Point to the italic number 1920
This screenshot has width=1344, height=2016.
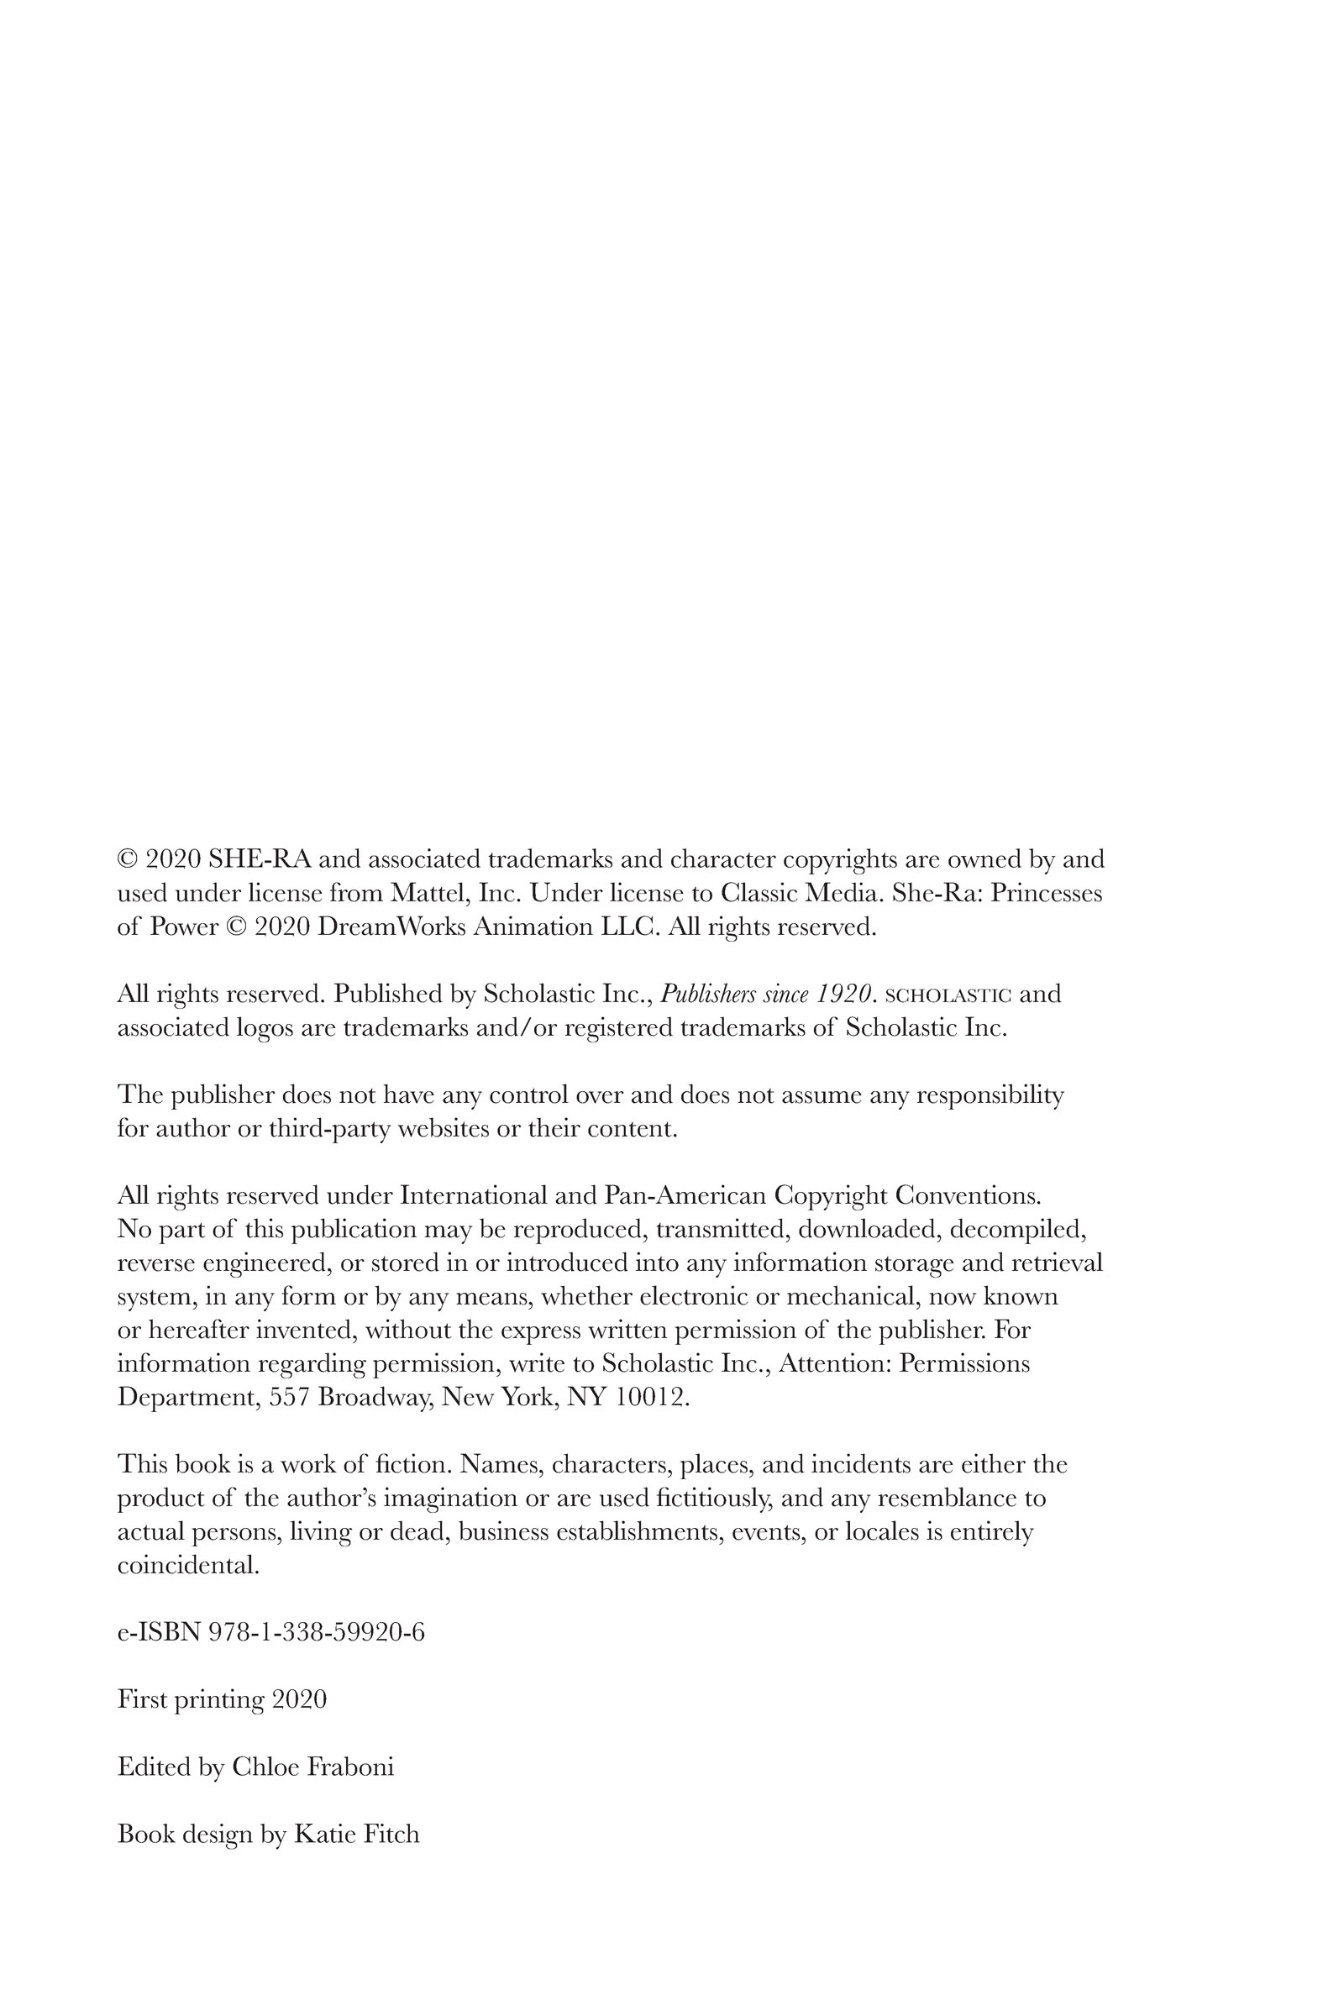(x=843, y=994)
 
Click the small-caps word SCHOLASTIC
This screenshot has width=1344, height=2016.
(x=948, y=995)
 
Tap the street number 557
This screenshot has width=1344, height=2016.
(x=290, y=1396)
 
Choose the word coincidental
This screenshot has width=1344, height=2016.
(x=187, y=1564)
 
